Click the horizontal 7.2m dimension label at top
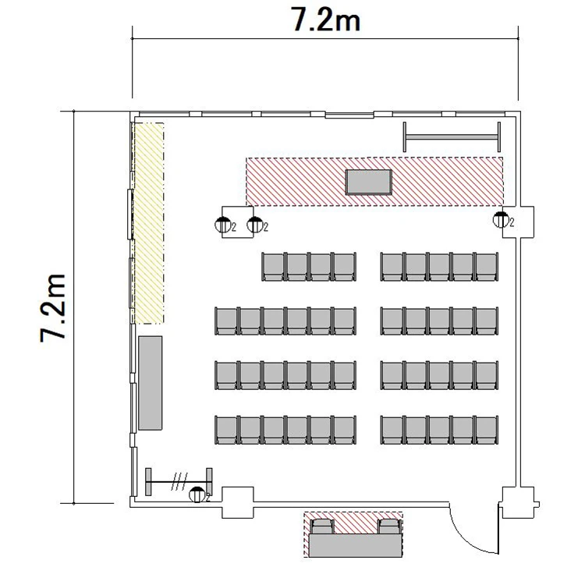(x=326, y=19)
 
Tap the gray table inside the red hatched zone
(x=369, y=182)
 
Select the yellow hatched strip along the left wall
(x=149, y=223)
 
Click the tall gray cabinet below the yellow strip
(x=151, y=383)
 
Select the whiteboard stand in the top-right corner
(x=452, y=137)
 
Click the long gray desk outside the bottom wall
(x=356, y=545)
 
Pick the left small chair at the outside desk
(x=322, y=526)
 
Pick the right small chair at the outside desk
(x=389, y=526)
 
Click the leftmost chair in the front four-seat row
(x=274, y=267)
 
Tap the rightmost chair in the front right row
(x=487, y=267)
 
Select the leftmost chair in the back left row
(x=226, y=430)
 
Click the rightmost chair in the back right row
(x=487, y=430)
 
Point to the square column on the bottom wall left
(x=238, y=502)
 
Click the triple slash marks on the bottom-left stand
(x=179, y=482)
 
